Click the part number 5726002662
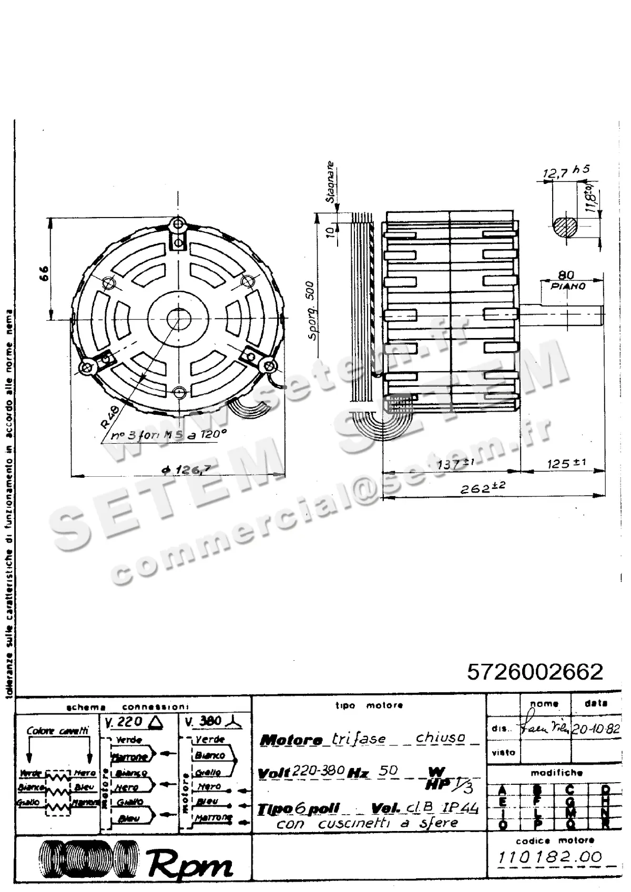click(x=535, y=672)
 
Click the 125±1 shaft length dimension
click(x=566, y=464)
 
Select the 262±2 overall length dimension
click(x=482, y=488)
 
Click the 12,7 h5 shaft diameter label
click(x=566, y=171)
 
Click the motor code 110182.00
click(x=549, y=857)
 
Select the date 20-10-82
click(x=595, y=729)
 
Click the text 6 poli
click(x=319, y=808)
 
